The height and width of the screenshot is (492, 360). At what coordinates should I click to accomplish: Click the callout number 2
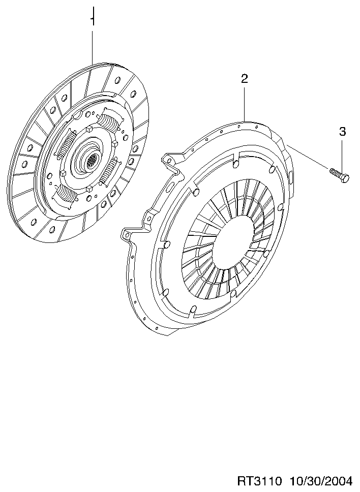tap(245, 79)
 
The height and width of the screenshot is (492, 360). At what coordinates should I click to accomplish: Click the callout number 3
tap(342, 132)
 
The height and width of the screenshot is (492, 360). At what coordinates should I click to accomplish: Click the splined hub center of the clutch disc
tap(92, 162)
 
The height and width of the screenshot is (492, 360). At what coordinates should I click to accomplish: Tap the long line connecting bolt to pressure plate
tap(308, 157)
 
